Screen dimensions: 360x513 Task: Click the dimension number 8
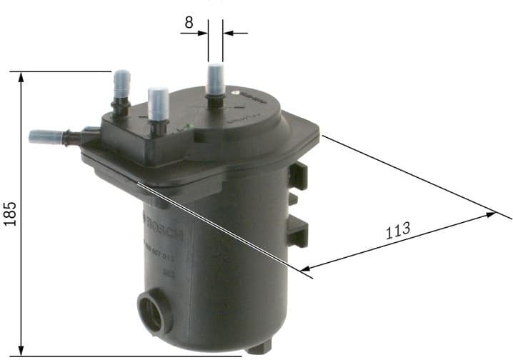[189, 22]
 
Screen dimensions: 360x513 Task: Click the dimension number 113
[397, 231]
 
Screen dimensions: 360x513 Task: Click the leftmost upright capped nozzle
[121, 89]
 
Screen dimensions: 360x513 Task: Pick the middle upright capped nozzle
[158, 105]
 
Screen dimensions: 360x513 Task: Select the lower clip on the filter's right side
[299, 230]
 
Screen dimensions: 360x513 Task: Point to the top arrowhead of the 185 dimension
[22, 76]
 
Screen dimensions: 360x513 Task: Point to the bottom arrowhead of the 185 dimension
[22, 349]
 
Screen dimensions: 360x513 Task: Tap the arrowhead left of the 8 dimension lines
[203, 32]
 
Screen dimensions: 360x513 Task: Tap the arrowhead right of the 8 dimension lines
[229, 32]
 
